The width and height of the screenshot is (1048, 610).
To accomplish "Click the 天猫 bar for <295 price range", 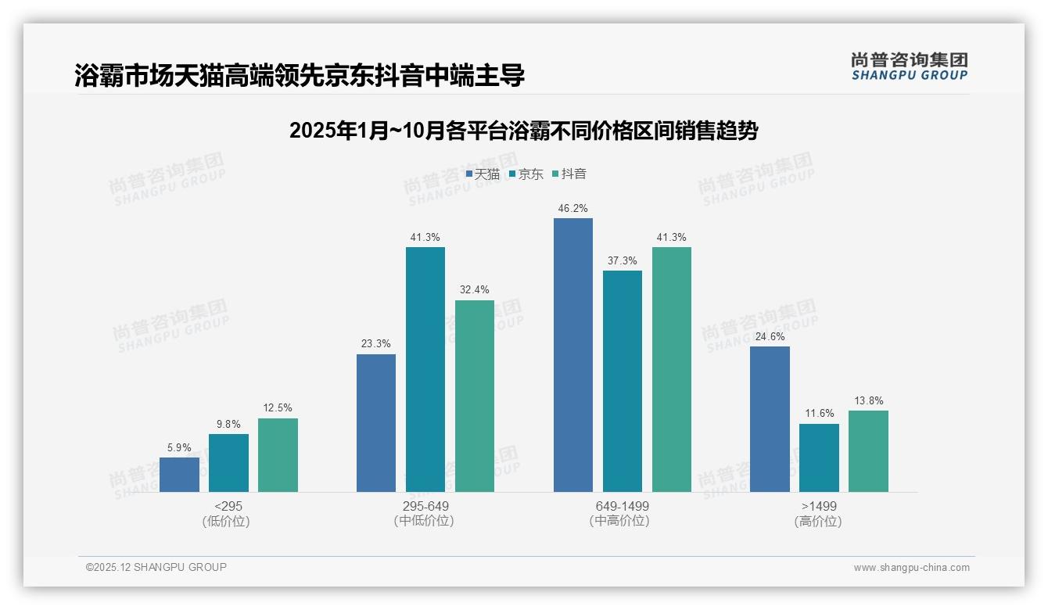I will (x=179, y=475).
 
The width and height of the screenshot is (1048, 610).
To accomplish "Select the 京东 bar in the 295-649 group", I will (x=425, y=369).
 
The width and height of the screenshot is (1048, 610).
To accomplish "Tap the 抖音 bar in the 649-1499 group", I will (x=672, y=369).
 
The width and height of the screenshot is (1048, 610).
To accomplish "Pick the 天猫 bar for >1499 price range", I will (x=770, y=419).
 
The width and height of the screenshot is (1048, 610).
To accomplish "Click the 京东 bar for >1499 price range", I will (x=819, y=457).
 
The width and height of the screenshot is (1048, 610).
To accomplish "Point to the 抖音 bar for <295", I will (x=278, y=455).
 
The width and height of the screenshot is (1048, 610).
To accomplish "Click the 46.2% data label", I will (x=573, y=209).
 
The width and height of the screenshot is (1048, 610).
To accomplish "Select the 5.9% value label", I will (x=179, y=447).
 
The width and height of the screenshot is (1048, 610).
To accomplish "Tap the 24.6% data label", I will (x=770, y=336).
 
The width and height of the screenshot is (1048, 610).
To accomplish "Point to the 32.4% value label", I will (x=474, y=290).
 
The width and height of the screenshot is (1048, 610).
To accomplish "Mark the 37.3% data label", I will (x=623, y=260).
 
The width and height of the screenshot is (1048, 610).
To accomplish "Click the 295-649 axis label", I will (x=425, y=506).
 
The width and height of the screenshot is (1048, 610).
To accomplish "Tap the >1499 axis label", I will (x=819, y=506).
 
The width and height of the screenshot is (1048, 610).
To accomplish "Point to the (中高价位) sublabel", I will (x=622, y=521).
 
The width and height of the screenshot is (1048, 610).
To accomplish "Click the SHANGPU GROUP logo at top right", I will (x=910, y=66).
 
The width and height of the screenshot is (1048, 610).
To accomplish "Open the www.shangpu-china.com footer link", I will (x=911, y=568).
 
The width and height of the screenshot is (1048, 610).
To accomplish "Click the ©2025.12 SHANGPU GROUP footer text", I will (x=156, y=567).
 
